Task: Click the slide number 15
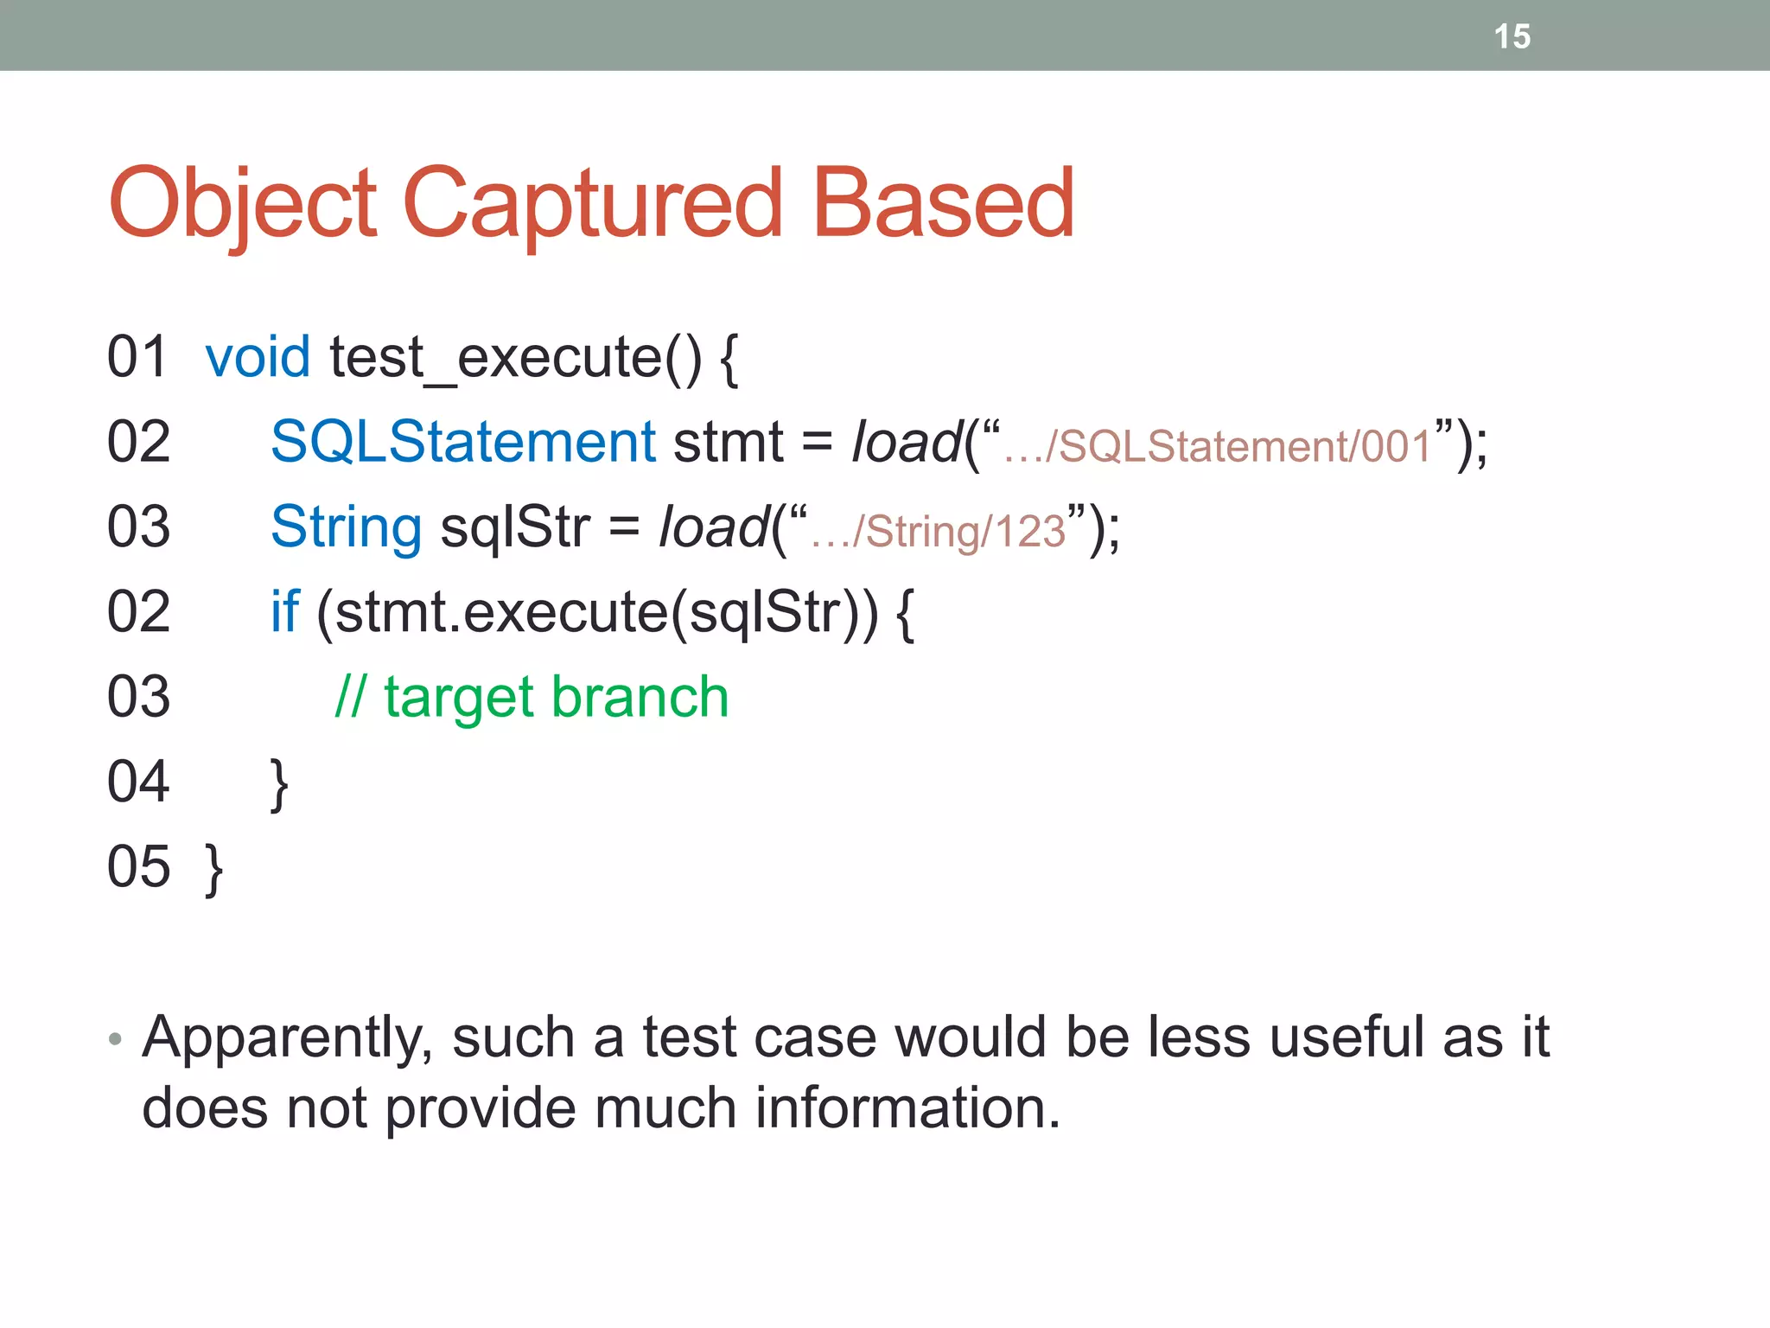coord(1512,36)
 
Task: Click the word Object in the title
coord(243,204)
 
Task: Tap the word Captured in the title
coord(592,204)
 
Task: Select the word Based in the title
coord(944,204)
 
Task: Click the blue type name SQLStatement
coord(463,442)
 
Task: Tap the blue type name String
coord(346,527)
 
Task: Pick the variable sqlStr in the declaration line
coord(515,527)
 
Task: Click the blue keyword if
coord(284,611)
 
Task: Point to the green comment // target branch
coord(532,697)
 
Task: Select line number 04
coord(138,782)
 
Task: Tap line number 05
coord(138,866)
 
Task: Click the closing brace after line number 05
coord(214,870)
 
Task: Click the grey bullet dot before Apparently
coord(115,1038)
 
